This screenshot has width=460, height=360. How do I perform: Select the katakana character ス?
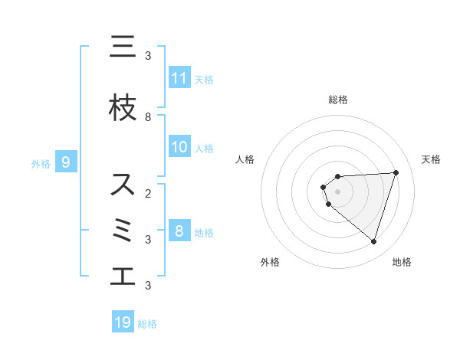tap(122, 184)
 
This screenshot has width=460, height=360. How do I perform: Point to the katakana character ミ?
tap(123, 231)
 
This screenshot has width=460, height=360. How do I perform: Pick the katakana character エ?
tap(122, 277)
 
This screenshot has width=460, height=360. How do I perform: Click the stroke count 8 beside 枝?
tap(148, 117)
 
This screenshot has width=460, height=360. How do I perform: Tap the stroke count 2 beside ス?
tap(148, 193)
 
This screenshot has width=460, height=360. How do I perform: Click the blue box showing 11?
tap(179, 77)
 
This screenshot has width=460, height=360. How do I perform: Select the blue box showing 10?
tap(179, 147)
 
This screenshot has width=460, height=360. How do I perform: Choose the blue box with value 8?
tap(179, 231)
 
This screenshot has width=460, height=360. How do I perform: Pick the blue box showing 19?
tap(123, 322)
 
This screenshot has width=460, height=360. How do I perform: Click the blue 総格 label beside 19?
tap(147, 324)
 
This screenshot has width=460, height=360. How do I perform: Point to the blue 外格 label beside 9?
tap(41, 163)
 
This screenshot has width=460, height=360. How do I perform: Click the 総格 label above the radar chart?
tap(337, 100)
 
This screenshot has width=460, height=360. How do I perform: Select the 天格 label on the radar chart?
tap(431, 159)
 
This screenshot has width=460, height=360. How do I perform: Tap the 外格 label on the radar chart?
tap(270, 262)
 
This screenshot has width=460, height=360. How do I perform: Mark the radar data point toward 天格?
tap(396, 172)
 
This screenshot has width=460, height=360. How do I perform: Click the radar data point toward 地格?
tap(373, 241)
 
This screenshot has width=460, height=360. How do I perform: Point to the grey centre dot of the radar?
tap(337, 191)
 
